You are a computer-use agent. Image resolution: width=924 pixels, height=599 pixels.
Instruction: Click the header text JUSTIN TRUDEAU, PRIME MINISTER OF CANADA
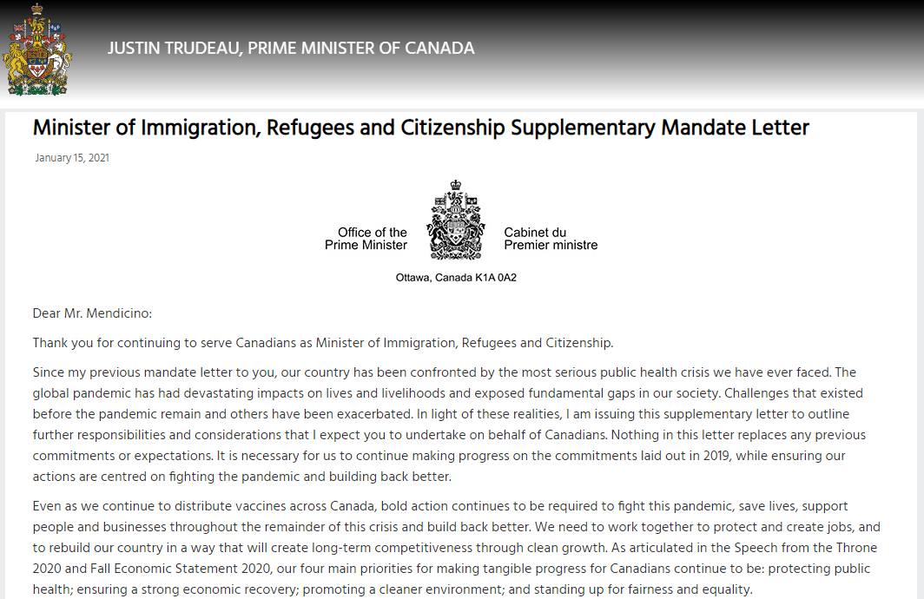pos(291,49)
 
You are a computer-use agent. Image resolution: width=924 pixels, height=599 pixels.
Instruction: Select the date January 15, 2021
pos(72,158)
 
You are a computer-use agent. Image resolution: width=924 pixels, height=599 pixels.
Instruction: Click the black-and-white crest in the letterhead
pos(456,221)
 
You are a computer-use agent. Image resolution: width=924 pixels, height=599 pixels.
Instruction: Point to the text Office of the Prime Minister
pos(366,239)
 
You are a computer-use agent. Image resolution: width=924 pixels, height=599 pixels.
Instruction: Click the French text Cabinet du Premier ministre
pos(551,239)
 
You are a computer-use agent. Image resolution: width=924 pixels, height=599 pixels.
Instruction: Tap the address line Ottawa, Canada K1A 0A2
pos(456,279)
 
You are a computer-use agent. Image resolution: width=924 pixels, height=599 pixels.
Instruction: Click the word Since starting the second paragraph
pos(49,372)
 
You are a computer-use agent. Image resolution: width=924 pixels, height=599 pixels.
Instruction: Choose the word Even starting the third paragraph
pos(48,506)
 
